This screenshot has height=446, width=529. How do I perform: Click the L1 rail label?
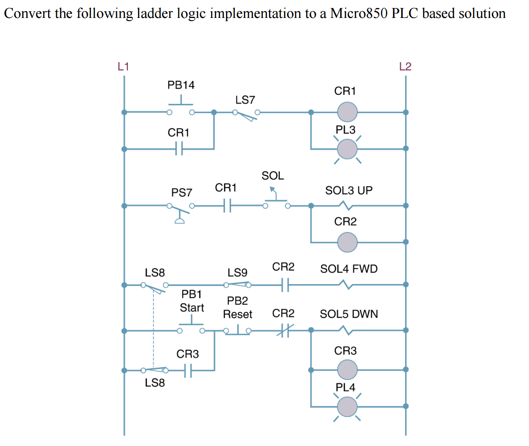[x=123, y=66]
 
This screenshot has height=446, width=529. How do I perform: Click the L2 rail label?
[x=405, y=66]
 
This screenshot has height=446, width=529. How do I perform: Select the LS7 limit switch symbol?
[x=246, y=114]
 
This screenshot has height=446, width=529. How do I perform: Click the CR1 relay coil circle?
[x=347, y=112]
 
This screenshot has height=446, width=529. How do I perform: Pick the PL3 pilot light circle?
[x=347, y=149]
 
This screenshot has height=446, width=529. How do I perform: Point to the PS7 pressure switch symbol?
[x=180, y=209]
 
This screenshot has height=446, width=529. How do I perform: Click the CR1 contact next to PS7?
[x=227, y=206]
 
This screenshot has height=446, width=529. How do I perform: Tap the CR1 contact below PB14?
[x=179, y=149]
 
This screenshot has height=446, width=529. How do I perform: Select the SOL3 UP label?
[x=349, y=191]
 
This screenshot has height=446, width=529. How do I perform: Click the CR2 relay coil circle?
[x=347, y=242]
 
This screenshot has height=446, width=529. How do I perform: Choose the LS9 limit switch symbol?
[x=237, y=285]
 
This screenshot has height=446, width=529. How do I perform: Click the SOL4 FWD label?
[x=349, y=269]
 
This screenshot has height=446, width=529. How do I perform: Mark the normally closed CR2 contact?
[x=285, y=330]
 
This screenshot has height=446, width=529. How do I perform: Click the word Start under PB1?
[x=192, y=308]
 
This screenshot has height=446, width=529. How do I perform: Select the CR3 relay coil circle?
[x=347, y=369]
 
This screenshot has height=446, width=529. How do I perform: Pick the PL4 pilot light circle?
[x=347, y=407]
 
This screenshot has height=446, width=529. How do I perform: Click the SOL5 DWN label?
[x=349, y=314]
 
